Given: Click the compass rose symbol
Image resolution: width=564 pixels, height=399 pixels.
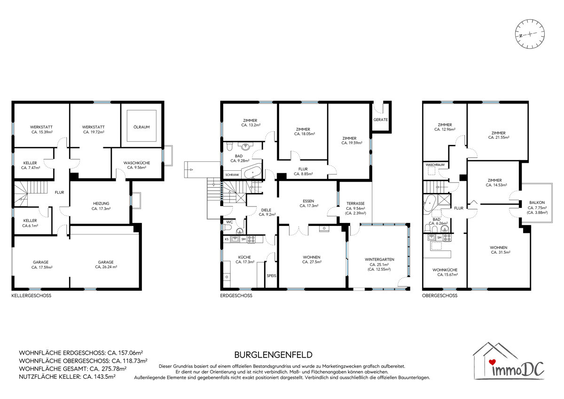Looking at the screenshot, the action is coord(530,41).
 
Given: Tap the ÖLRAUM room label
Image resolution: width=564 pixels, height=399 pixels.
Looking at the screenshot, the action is coord(141,127).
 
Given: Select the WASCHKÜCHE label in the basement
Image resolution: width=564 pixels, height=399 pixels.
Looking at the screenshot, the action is coord(137,163).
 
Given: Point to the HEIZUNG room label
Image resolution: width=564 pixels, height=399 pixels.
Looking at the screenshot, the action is coord(101,203).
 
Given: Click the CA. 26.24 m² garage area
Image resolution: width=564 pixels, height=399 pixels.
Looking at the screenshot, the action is coord(106,267).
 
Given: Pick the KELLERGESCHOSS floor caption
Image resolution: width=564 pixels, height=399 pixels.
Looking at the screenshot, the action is coord(31,295).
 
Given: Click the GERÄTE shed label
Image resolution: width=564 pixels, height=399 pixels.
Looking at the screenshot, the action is coord(380,120).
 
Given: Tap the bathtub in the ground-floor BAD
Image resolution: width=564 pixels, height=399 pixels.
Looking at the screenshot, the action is coord(252,173).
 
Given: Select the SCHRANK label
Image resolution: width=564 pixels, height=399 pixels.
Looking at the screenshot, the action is coord(232,175).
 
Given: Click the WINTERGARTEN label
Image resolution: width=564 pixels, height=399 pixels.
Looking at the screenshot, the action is coord(379,259).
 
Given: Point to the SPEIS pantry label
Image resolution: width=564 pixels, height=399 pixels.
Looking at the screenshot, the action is coord(272,276).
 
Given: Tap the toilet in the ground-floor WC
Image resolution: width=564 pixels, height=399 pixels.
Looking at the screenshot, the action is coord(227,227).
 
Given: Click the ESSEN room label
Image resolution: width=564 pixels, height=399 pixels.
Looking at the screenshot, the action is coord(308,201).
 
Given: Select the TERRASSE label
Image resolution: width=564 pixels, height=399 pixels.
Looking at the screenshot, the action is coord(355,203).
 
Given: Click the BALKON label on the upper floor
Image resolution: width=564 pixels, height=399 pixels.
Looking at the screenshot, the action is coord(537,202).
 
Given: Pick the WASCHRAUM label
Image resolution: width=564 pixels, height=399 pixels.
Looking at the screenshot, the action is coord(435,165).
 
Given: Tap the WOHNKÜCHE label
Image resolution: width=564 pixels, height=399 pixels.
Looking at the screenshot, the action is coord(445,270).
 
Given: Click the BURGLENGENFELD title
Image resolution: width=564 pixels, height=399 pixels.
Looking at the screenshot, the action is coord(274,355).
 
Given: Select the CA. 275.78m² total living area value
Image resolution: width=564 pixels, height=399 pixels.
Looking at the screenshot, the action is coord(108,369).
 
